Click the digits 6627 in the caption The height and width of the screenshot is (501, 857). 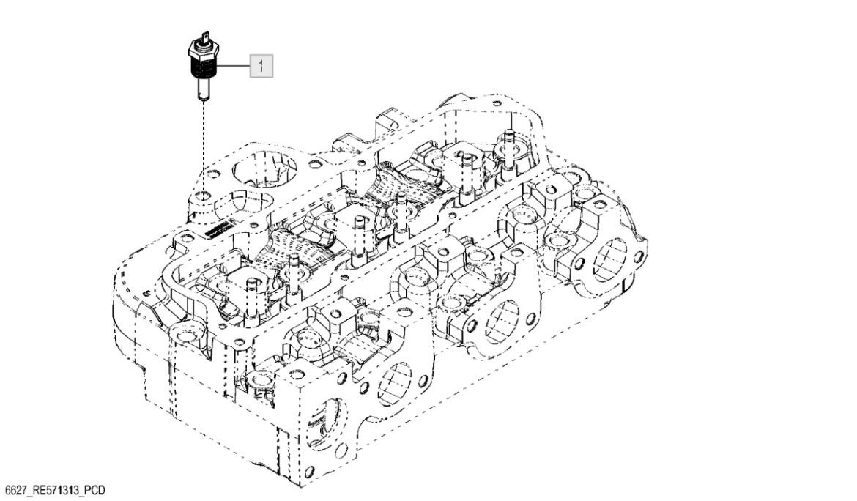[16, 489]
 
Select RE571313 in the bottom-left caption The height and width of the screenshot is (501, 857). [60, 489]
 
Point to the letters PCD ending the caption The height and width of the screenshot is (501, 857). [102, 489]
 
